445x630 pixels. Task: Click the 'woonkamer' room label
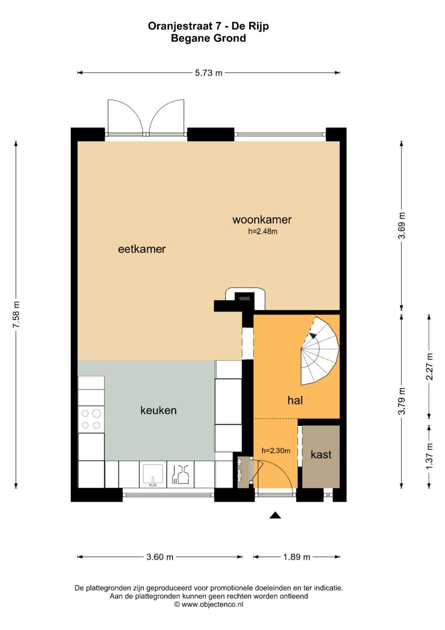[262, 219]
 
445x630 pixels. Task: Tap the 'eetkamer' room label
[142, 249]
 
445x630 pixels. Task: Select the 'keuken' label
[159, 410]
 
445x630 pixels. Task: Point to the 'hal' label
[295, 400]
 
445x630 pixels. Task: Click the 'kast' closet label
[321, 455]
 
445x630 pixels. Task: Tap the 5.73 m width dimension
[208, 73]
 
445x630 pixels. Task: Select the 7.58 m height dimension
[16, 314]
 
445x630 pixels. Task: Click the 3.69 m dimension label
[402, 225]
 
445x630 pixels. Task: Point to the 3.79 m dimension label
[402, 401]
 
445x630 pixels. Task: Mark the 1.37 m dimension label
[429, 456]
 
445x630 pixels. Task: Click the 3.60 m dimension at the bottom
[160, 557]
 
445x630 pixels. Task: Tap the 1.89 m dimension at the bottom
[297, 557]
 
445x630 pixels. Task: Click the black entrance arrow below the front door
[275, 515]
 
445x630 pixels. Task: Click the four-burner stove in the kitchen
[91, 419]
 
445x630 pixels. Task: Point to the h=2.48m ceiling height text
[262, 231]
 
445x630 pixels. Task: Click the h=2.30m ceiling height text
[276, 451]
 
